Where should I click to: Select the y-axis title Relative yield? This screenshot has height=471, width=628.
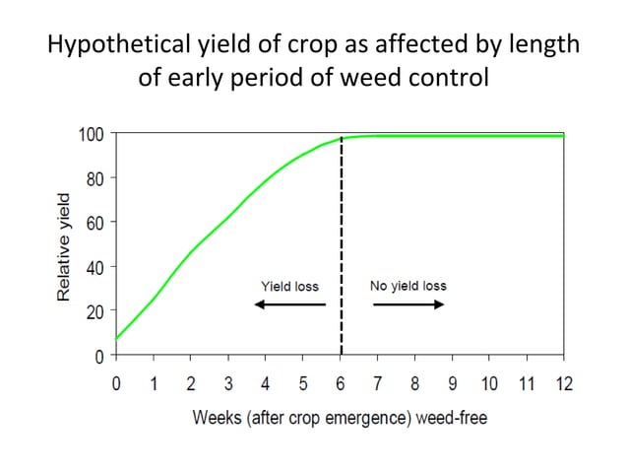pyautogui.click(x=64, y=246)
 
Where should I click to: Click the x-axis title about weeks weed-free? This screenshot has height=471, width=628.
pyautogui.click(x=339, y=418)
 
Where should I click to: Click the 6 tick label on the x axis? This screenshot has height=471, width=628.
pyautogui.click(x=341, y=383)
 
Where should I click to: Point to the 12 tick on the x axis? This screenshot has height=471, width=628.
pyautogui.click(x=562, y=383)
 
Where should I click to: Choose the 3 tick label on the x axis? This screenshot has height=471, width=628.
pyautogui.click(x=228, y=383)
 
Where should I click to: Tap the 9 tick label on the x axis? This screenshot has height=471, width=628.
pyautogui.click(x=452, y=383)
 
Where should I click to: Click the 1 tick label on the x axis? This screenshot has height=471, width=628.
pyautogui.click(x=154, y=383)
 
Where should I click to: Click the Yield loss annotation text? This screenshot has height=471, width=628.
pyautogui.click(x=288, y=287)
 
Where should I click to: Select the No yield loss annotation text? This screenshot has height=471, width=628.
pyautogui.click(x=408, y=286)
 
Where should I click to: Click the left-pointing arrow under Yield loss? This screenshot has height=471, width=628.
pyautogui.click(x=289, y=304)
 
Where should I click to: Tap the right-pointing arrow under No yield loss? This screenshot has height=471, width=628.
pyautogui.click(x=408, y=304)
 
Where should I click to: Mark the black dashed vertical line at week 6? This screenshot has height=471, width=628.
pyautogui.click(x=341, y=246)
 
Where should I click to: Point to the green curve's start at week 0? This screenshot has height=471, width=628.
pyautogui.click(x=117, y=338)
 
